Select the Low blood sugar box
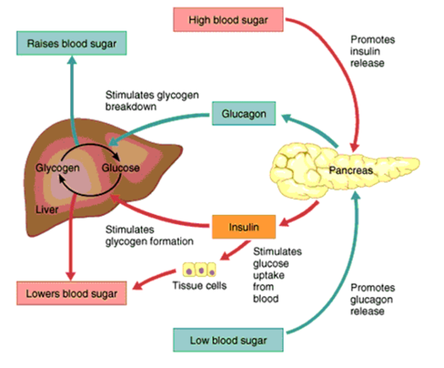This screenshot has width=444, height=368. point(228,340)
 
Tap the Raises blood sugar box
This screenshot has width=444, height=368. point(71,43)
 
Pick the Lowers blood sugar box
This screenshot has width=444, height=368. point(71,293)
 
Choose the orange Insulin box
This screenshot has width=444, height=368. point(244,227)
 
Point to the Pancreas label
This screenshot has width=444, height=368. point(351,171)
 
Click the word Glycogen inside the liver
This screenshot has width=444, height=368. point(57,168)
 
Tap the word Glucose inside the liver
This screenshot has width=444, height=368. point(121,168)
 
